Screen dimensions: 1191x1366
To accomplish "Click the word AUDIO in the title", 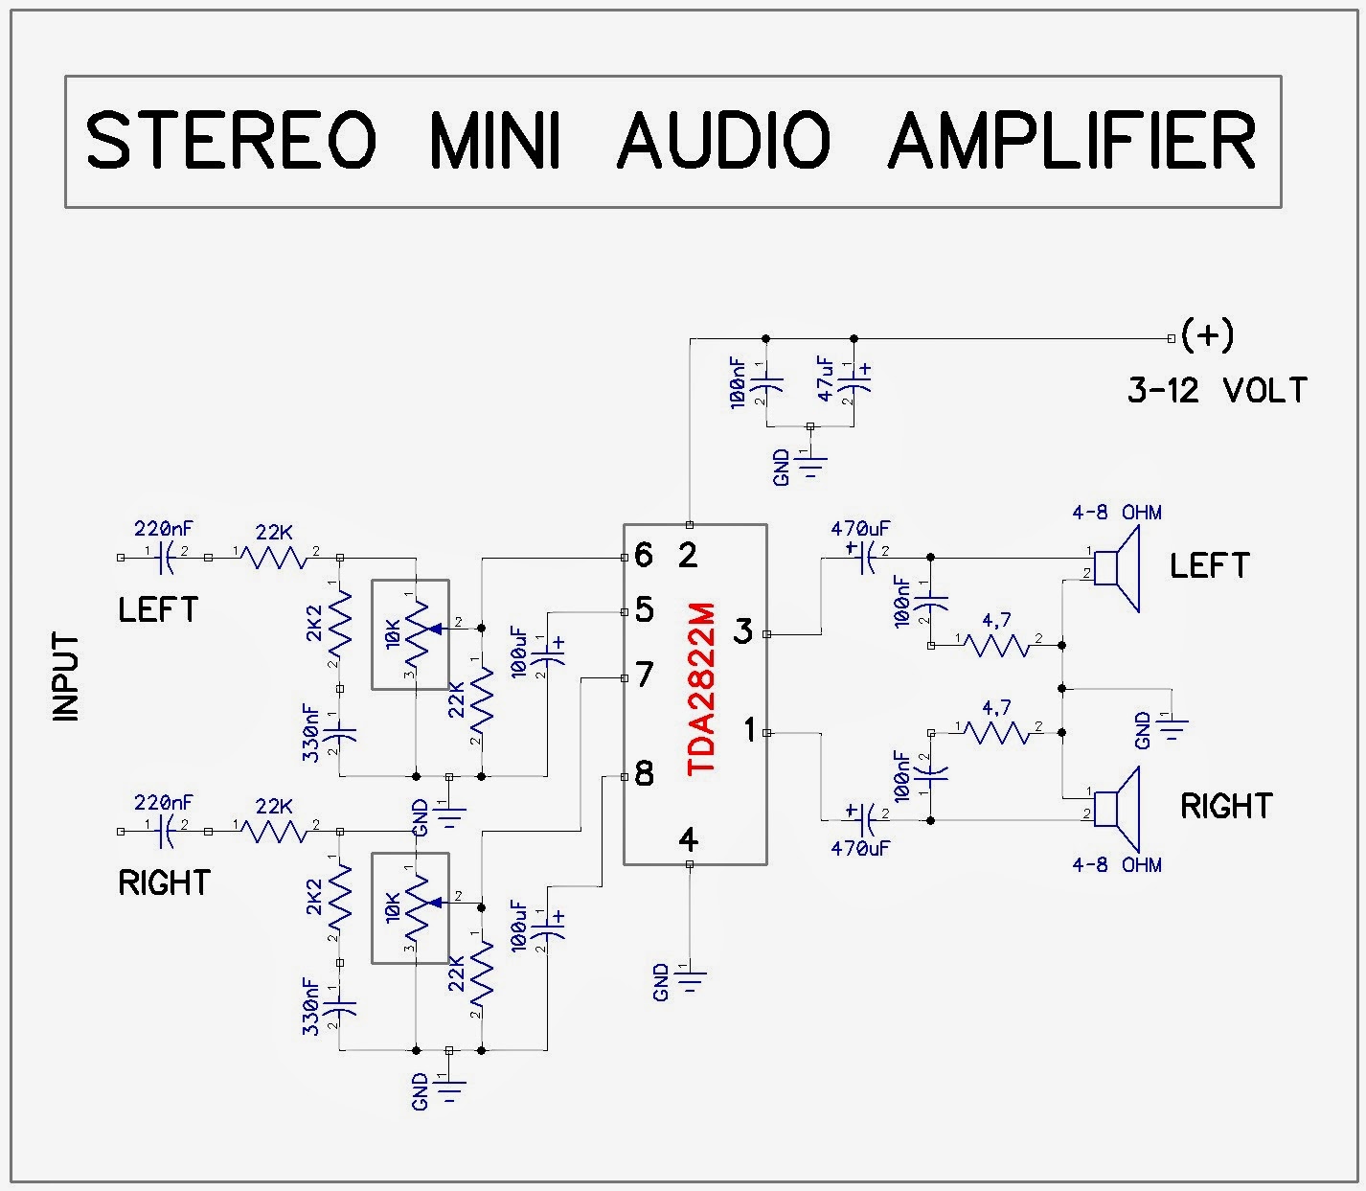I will tap(724, 142).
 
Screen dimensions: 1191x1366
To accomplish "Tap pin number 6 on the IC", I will tap(643, 555).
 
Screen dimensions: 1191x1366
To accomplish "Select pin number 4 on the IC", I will tap(688, 840).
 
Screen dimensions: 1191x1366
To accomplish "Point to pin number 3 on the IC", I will tap(743, 631).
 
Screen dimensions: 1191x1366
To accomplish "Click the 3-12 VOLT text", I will tap(1217, 391).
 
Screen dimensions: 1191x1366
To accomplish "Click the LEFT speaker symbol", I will tap(1117, 569).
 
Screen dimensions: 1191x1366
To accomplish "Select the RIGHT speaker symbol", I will tap(1117, 809).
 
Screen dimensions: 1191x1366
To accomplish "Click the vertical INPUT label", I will tap(66, 676).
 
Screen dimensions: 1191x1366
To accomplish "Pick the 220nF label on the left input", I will tap(164, 528).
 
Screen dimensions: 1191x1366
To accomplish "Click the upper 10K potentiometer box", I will tap(410, 634).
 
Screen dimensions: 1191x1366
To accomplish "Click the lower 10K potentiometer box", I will tap(410, 907).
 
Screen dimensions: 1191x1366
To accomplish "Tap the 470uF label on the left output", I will tap(860, 528).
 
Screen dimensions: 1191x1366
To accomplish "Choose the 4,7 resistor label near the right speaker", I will tap(996, 708).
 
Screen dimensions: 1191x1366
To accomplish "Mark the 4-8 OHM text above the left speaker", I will tap(1116, 513).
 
